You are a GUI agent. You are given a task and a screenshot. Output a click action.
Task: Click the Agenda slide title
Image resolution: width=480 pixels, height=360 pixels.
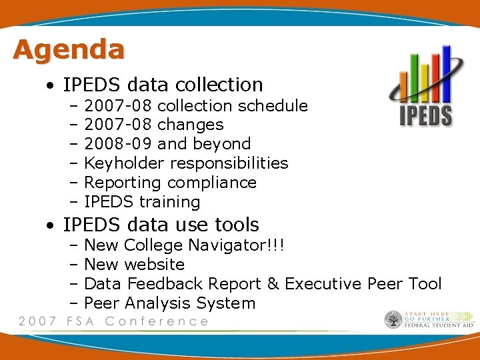68,50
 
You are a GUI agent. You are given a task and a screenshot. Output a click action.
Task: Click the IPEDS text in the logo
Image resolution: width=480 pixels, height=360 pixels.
425,115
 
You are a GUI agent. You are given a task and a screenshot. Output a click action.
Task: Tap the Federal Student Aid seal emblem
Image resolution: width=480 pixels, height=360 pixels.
393,320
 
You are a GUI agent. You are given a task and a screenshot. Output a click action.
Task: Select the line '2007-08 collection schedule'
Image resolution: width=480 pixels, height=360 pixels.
196,106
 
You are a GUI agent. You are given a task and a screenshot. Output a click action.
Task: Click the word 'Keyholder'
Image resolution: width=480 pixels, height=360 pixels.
125,163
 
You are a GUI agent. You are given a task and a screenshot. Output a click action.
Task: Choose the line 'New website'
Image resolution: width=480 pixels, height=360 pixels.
134,265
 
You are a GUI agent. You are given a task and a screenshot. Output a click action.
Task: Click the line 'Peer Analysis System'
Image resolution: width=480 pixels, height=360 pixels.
169,303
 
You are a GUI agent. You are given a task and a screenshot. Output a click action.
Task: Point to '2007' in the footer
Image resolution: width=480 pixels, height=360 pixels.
37,321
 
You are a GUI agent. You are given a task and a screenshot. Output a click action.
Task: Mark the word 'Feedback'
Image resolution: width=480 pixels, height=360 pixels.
159,284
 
